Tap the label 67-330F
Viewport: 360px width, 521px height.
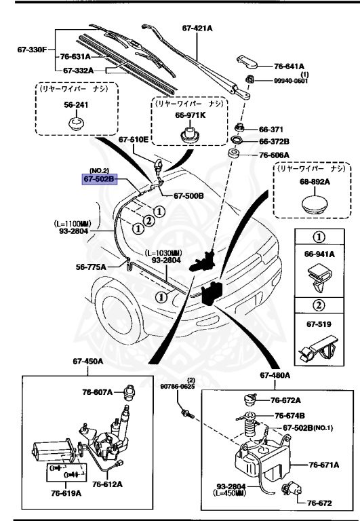click(32, 50)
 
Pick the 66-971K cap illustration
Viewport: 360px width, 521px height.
click(188, 134)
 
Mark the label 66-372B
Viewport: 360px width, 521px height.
click(274, 141)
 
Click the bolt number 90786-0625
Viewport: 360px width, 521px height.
click(178, 387)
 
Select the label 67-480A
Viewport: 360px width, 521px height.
click(275, 374)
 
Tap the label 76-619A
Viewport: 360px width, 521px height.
click(63, 493)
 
